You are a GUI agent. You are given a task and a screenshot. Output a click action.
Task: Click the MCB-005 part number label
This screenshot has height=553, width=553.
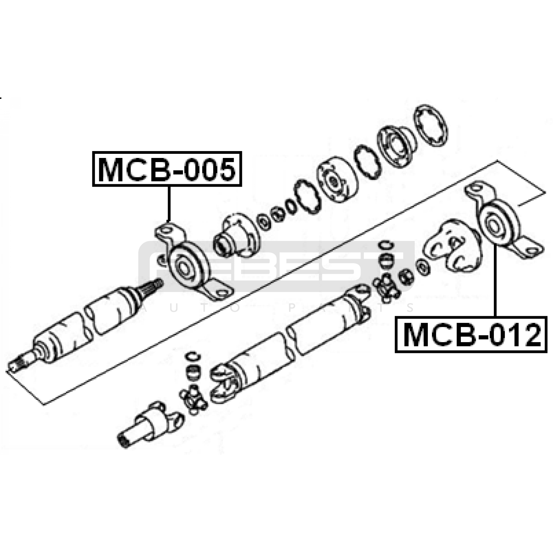167,169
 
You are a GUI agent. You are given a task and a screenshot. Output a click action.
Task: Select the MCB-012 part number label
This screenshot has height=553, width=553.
471,335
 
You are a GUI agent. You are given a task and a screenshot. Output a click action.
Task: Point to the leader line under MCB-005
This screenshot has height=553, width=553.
169,204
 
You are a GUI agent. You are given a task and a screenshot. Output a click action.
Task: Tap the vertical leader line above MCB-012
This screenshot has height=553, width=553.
495,280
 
